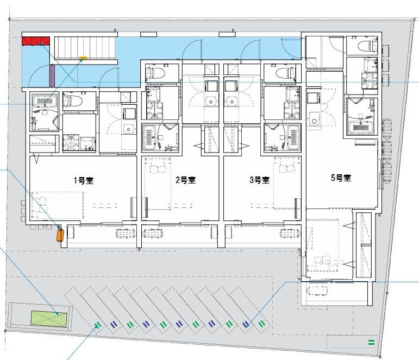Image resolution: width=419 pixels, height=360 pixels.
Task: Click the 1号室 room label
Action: [84, 180]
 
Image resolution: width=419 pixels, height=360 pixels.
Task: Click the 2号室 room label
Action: [185, 180]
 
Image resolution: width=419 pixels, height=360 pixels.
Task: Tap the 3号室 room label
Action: [260, 180]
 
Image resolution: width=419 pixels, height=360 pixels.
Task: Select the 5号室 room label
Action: [341, 178]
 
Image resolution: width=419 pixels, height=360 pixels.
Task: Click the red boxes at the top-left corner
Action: [36, 41]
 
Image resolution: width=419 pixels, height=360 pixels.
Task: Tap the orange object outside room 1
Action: [60, 235]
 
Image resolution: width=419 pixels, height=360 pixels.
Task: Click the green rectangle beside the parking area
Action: [49, 319]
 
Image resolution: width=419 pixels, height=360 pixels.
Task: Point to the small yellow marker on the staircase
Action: [83, 58]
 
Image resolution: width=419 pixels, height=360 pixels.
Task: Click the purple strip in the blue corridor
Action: [52, 75]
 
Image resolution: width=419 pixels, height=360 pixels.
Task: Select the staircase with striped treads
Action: [85, 48]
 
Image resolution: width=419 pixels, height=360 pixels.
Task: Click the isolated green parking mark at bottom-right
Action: [371, 342]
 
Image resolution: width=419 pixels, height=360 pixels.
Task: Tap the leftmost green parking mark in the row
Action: [98, 325]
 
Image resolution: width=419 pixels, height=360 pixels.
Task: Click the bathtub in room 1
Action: [45, 101]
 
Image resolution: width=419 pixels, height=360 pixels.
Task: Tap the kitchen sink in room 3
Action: [231, 102]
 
